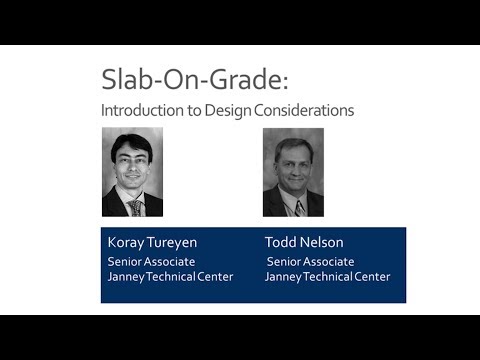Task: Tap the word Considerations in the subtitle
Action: pos(305,110)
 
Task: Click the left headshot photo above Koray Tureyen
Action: pos(132,172)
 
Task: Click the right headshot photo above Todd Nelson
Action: pos(293,172)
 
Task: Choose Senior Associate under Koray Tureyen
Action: pos(151,261)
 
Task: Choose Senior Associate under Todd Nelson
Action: pos(311,261)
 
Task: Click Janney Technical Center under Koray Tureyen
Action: pos(170,277)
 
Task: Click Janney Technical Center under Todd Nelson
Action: pos(328,277)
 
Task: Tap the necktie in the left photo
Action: pos(134,207)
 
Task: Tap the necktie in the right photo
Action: pos(299,208)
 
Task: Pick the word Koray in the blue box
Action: pos(125,242)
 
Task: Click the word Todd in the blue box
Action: pos(280,242)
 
